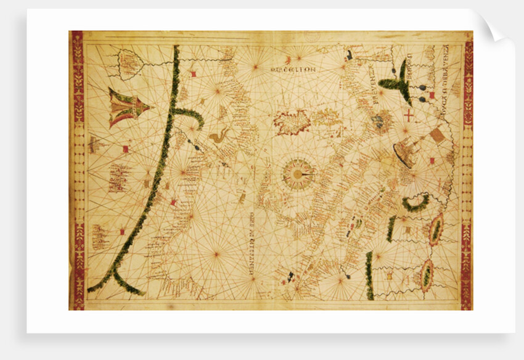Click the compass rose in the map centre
click(x=298, y=174)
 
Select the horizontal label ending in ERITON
click(x=293, y=70)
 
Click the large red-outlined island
click(x=292, y=122)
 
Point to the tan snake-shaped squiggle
click(x=218, y=136)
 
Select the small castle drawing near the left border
click(x=94, y=145)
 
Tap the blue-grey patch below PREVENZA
click(x=377, y=121)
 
